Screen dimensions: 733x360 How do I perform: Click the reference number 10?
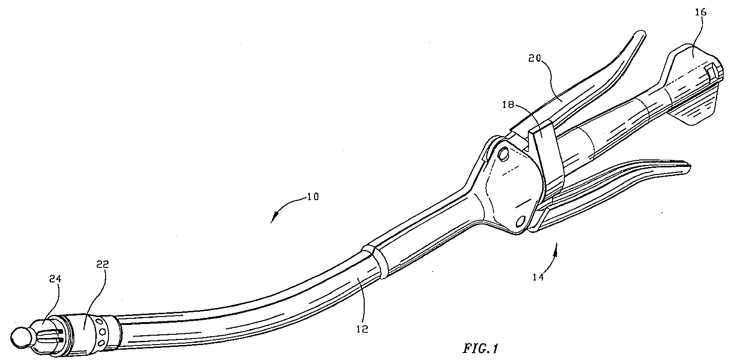pos(313,197)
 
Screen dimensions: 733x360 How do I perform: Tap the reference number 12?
pos(363,329)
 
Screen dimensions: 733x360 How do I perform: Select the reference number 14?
pos(538,277)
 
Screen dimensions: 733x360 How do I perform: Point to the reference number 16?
pos(701,13)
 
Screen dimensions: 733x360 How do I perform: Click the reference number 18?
pos(509,105)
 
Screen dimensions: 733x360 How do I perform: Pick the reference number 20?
pos(534,58)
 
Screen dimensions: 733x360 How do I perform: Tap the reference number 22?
pos(102,264)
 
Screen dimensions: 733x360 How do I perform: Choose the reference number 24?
pos(55,279)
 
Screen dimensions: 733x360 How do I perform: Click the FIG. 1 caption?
pos(480,349)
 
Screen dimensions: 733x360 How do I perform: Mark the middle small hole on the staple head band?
pos(102,332)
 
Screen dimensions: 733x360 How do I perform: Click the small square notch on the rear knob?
pos(709,72)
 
